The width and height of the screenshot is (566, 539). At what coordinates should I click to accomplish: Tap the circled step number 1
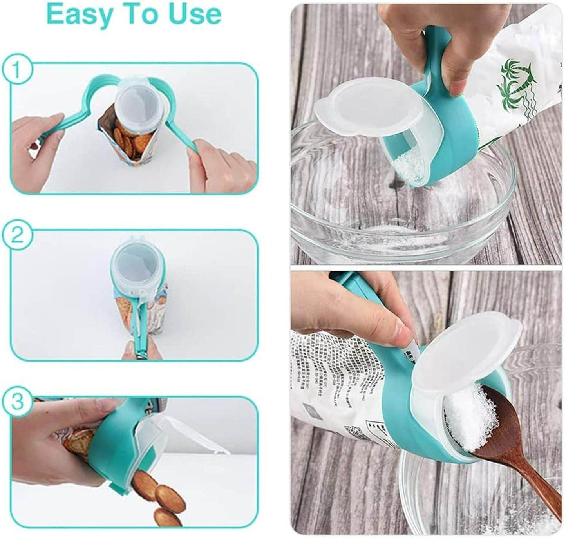click(16, 70)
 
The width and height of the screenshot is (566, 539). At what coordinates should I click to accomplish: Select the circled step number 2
click(16, 237)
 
